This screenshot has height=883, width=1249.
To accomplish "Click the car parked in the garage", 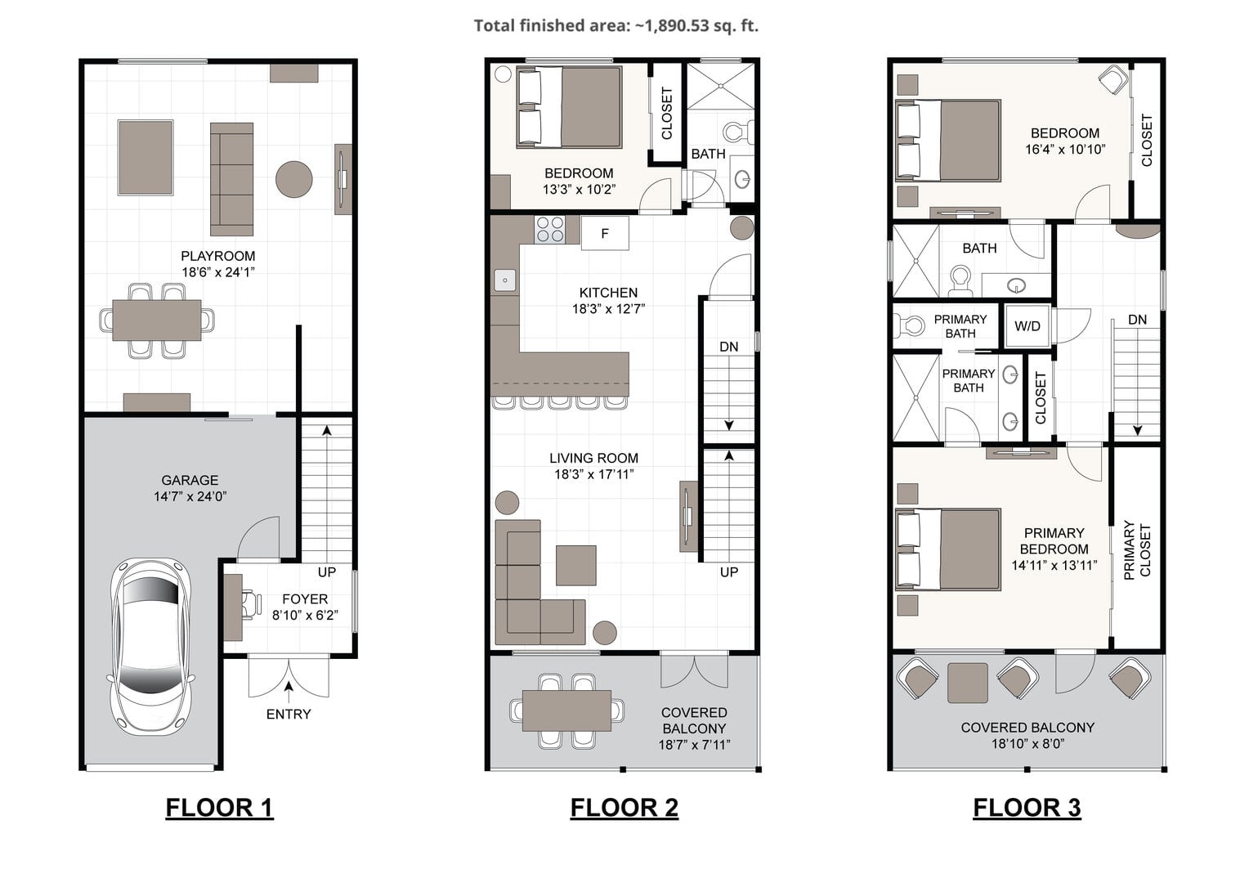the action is [150, 647].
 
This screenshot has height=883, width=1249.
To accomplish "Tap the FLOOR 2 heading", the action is [624, 807].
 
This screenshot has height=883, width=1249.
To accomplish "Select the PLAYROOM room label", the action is [218, 256].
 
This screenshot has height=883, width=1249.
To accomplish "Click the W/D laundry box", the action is [1027, 326].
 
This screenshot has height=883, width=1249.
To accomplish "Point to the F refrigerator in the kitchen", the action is [605, 233].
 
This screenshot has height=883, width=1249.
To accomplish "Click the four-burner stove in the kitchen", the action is [550, 230].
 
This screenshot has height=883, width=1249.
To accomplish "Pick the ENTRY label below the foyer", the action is [289, 714].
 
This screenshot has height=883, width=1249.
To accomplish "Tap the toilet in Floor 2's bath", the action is [738, 132].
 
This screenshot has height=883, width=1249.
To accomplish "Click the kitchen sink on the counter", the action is [505, 280].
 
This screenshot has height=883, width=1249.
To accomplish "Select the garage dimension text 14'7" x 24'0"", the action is [190, 496].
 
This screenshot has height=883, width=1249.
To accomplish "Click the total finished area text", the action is [616, 25].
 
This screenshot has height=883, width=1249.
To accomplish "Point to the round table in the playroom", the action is [293, 179].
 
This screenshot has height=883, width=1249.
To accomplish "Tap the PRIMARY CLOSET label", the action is [1138, 550].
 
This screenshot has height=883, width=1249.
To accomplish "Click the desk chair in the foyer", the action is [252, 604].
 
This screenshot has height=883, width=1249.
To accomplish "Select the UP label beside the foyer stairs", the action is [327, 572].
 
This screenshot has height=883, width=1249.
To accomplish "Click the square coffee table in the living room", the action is [576, 565].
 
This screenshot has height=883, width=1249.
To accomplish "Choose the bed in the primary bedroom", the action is [948, 549].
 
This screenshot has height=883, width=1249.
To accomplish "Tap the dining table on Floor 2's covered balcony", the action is [566, 710].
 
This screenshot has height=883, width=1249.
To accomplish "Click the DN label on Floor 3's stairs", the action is [1138, 320].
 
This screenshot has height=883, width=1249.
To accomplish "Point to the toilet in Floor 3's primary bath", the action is [908, 325].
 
